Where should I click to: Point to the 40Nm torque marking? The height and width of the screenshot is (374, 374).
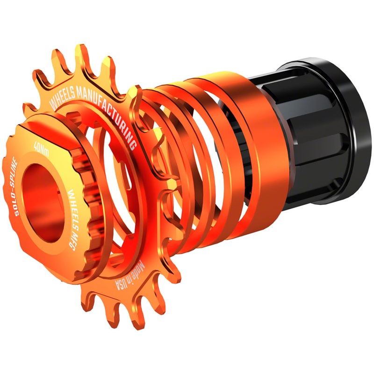click(x=41, y=149)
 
